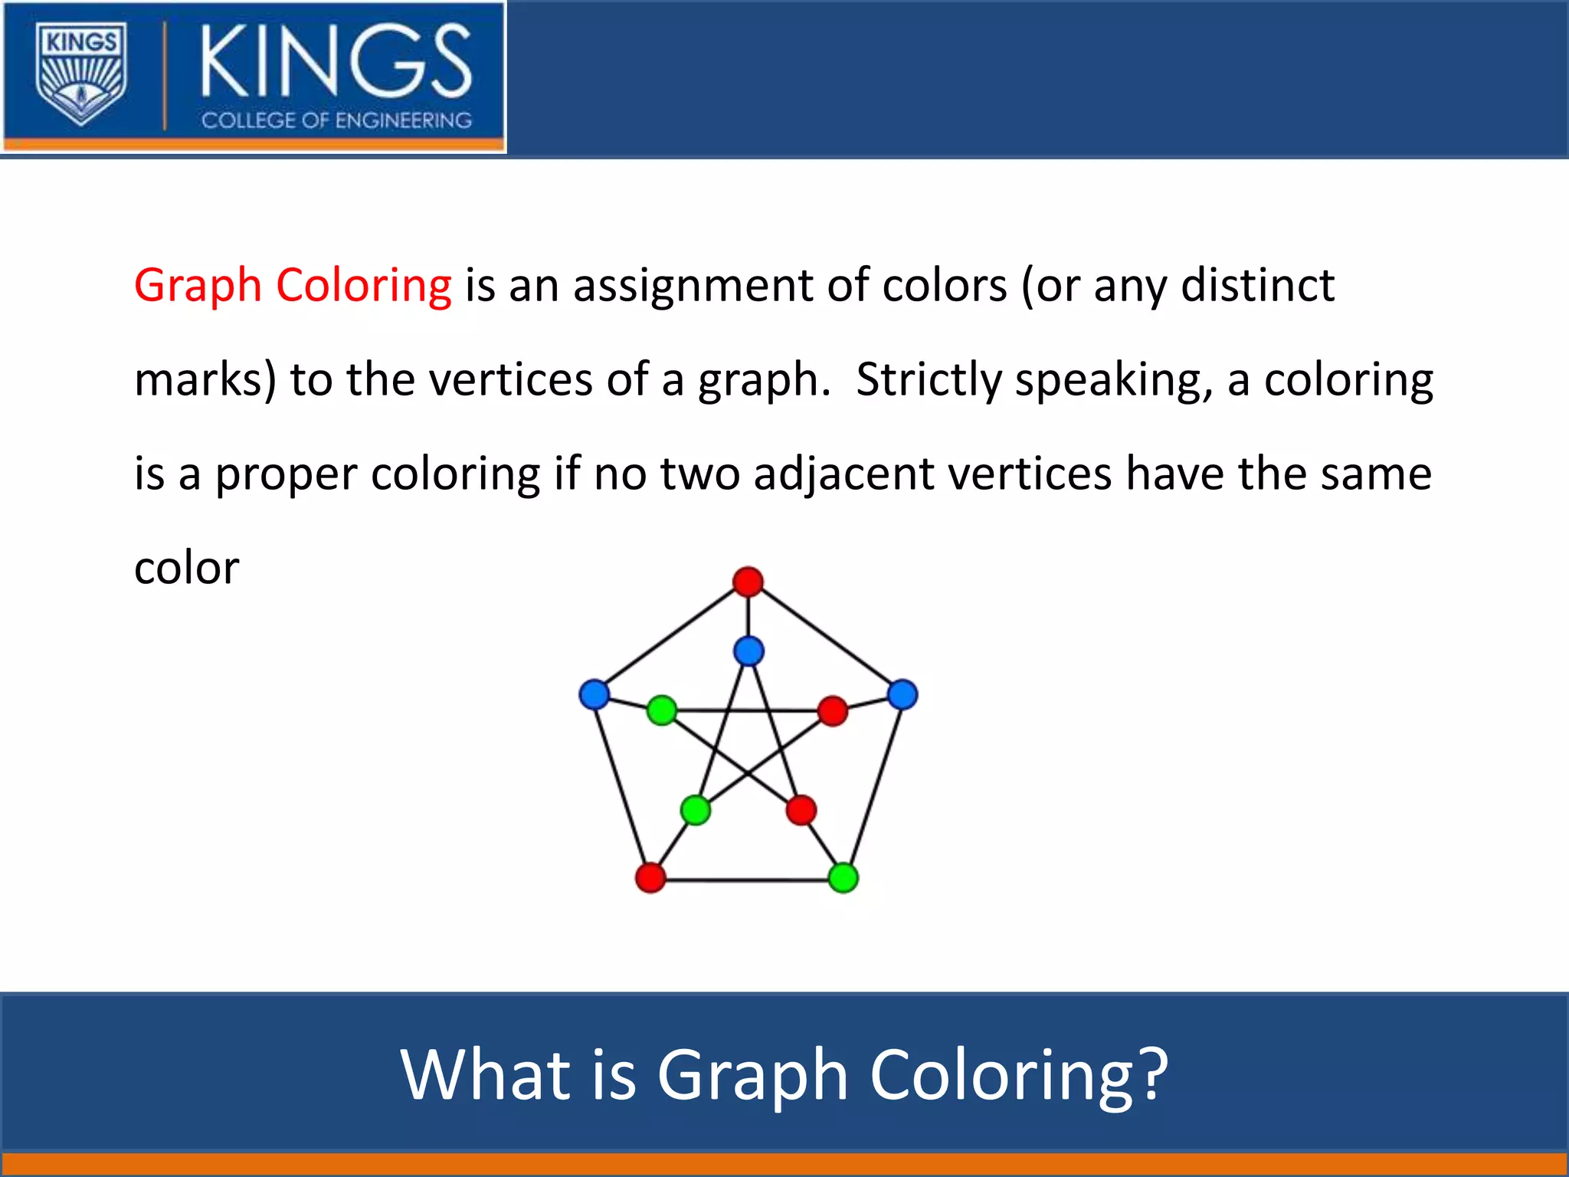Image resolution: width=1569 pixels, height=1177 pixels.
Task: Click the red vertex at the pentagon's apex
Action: tap(748, 582)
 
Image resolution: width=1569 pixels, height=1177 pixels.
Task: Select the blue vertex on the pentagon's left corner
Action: tap(595, 694)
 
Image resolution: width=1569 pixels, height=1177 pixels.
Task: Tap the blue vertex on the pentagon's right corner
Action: tap(902, 694)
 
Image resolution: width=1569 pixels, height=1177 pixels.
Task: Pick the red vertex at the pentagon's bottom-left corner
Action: tap(650, 877)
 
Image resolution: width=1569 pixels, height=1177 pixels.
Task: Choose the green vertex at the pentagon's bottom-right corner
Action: tap(843, 877)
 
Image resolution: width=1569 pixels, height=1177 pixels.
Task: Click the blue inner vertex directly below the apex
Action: tap(748, 651)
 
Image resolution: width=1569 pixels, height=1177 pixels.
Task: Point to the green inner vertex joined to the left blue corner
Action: tap(662, 710)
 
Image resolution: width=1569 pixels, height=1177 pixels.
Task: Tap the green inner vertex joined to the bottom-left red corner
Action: tap(696, 810)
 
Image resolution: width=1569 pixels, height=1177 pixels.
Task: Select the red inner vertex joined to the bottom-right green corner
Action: tap(801, 810)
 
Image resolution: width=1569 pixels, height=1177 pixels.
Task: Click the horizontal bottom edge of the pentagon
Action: tap(747, 880)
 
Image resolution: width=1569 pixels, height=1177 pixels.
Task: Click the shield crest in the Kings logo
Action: tap(81, 75)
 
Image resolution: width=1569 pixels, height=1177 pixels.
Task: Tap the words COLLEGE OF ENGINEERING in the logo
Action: tap(336, 120)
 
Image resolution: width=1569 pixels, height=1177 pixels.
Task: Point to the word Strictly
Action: tap(929, 380)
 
